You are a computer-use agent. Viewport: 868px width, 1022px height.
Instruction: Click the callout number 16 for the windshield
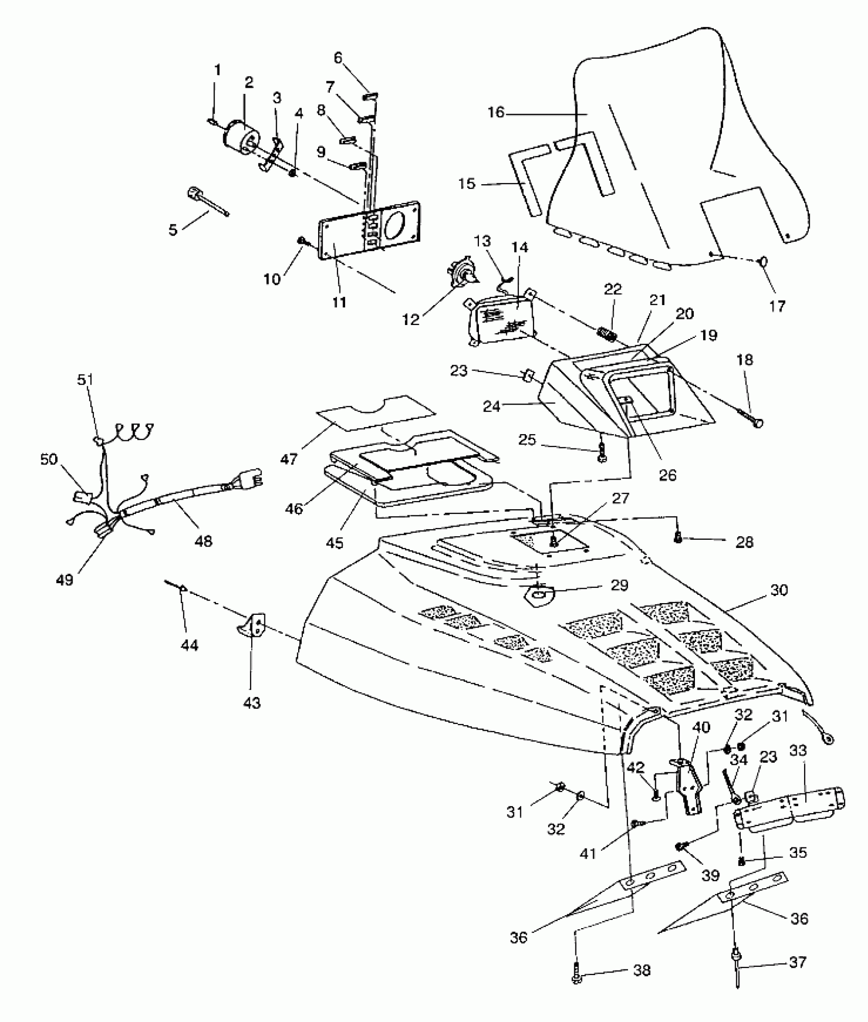point(496,112)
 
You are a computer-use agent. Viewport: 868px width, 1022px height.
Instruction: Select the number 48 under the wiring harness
point(203,541)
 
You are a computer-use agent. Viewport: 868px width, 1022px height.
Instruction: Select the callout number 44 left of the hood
point(189,645)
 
